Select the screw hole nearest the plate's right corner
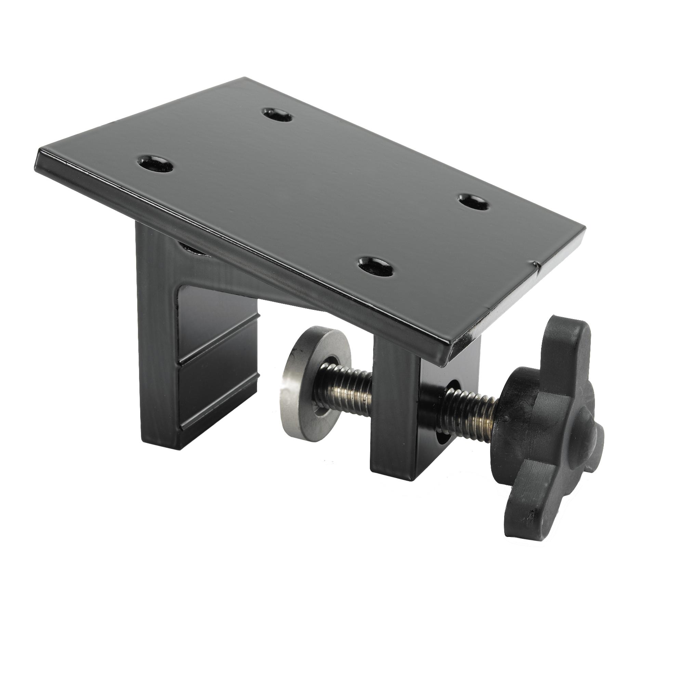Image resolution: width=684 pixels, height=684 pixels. tap(472, 202)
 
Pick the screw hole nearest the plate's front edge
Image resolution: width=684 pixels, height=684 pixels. tap(376, 265)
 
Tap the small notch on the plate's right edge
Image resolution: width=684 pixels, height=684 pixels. tap(537, 264)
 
